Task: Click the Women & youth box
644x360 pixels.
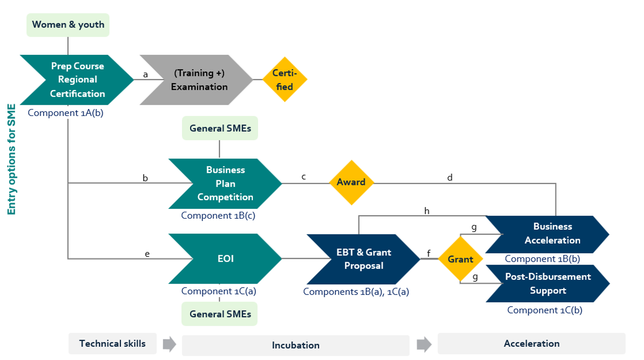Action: [68, 25]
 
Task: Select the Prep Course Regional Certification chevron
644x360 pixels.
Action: [77, 80]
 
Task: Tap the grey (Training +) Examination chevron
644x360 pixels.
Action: [200, 80]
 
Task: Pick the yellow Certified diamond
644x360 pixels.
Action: [284, 80]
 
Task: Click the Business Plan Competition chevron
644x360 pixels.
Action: [225, 183]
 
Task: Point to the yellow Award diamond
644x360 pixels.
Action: [351, 182]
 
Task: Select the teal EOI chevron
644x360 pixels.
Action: [225, 259]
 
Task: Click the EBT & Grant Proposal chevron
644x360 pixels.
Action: [363, 259]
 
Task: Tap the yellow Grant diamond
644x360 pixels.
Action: [460, 259]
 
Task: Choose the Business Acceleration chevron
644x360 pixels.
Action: [552, 233]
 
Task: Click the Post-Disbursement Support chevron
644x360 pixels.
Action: [548, 284]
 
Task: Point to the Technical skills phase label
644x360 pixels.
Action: [112, 343]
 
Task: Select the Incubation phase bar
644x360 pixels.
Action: [295, 345]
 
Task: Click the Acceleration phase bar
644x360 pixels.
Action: [531, 343]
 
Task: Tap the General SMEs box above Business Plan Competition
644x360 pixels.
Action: [220, 129]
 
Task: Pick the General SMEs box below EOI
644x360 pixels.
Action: [220, 314]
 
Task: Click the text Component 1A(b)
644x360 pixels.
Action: [66, 113]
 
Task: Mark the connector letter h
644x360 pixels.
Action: [427, 211]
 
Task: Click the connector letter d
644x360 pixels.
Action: [450, 178]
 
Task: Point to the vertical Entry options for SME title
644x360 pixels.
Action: [12, 159]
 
